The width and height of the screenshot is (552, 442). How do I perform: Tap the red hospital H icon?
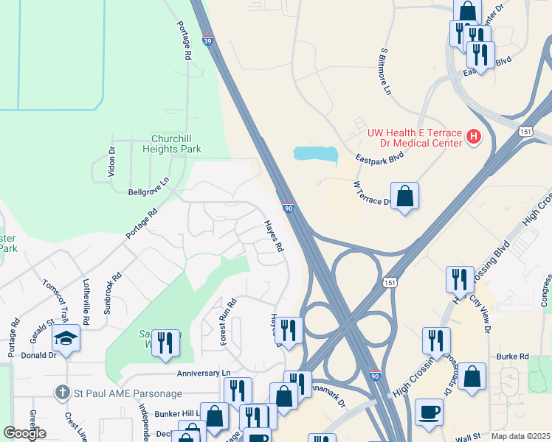(474, 137)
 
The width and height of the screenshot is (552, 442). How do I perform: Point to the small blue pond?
(316, 154)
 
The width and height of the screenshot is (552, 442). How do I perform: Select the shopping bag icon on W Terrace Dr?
(404, 195)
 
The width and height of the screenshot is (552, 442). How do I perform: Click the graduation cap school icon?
(66, 338)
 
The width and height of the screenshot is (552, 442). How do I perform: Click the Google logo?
(24, 434)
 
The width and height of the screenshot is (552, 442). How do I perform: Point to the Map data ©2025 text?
(520, 436)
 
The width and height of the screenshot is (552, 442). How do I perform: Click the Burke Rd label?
(513, 357)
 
